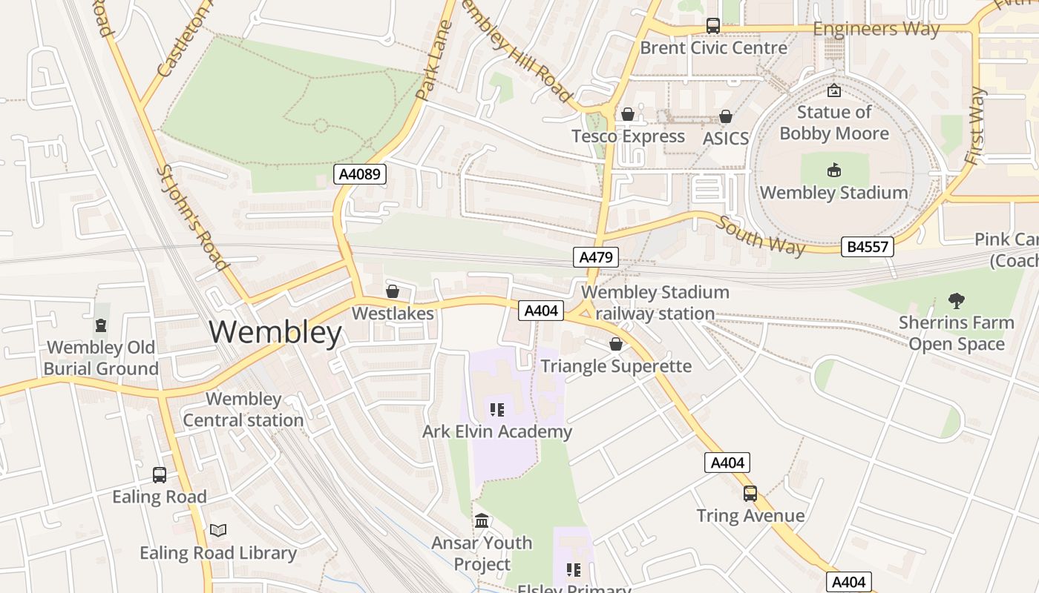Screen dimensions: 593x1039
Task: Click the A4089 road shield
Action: coord(360,175)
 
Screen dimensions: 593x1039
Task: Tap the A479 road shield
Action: coord(596,257)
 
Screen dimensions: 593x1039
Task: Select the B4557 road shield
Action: coord(867,247)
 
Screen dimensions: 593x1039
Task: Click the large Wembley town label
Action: coord(275,333)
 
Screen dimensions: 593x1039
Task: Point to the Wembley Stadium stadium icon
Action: coord(834,170)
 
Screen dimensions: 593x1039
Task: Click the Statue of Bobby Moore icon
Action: coord(834,90)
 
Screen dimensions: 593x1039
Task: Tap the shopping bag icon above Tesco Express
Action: coord(628,114)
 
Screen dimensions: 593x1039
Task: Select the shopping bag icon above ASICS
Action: coord(726,116)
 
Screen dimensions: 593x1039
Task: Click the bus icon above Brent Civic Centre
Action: coord(713,26)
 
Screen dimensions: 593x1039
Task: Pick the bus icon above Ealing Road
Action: coord(160,475)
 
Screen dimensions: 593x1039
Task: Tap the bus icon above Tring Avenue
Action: coord(750,494)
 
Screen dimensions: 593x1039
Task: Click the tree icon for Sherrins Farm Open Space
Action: coord(956,301)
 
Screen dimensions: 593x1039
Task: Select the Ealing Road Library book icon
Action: coord(218,531)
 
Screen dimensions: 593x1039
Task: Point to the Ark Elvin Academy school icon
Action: coord(497,410)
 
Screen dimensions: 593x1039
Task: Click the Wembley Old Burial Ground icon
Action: coord(101,325)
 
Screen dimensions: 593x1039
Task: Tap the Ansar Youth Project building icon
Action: coord(482,521)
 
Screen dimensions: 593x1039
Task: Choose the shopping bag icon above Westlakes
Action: coord(393,291)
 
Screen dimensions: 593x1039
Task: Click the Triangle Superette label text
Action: coord(616,366)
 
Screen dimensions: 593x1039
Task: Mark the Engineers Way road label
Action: coord(876,30)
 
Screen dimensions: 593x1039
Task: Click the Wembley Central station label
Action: coord(243,409)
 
